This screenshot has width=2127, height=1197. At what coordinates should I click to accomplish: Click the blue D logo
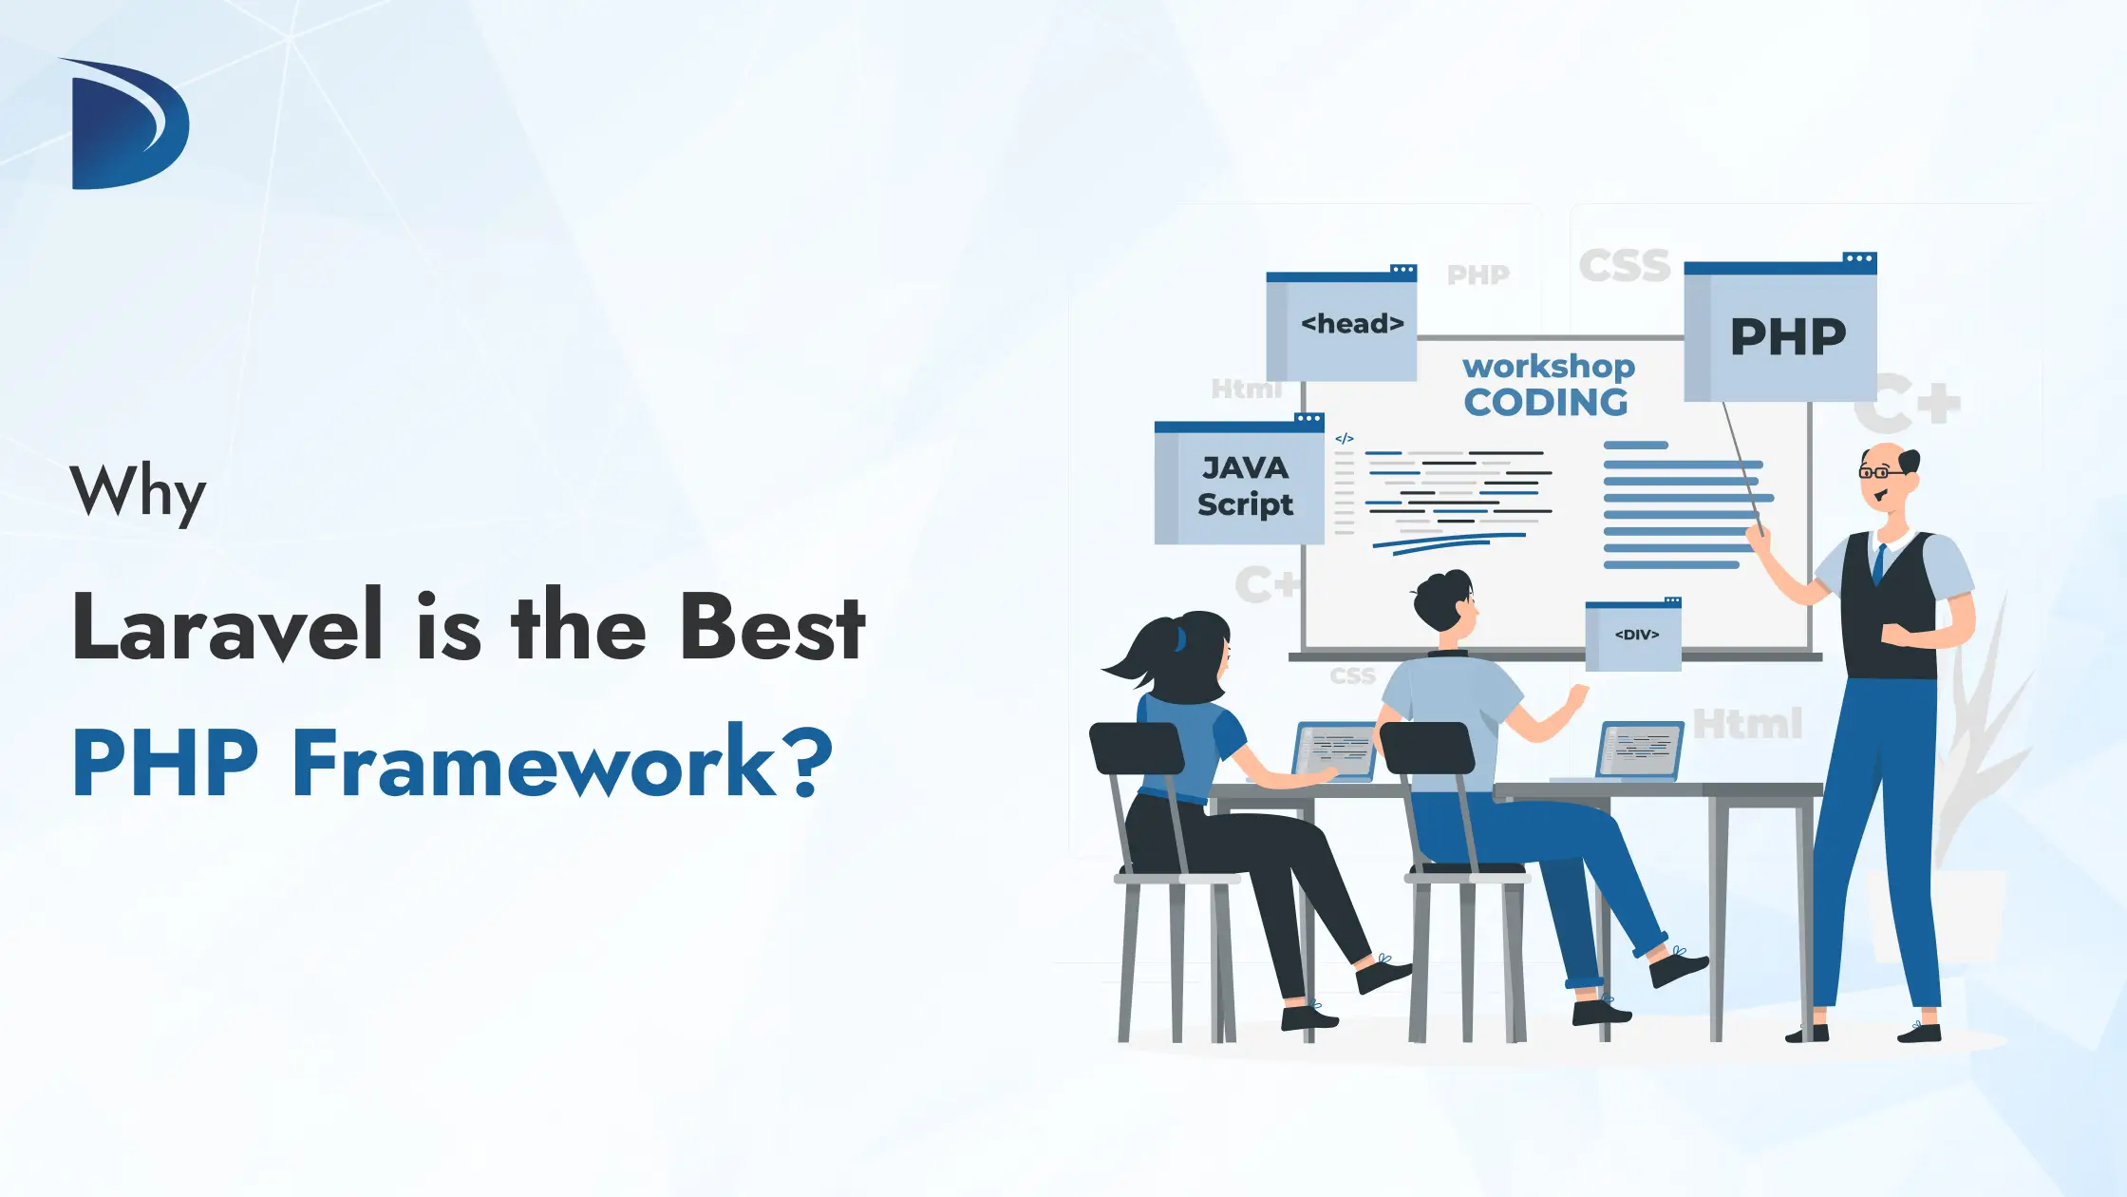[128, 125]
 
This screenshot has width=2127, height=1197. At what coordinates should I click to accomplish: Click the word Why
[138, 492]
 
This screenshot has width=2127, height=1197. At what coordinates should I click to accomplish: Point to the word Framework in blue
[535, 763]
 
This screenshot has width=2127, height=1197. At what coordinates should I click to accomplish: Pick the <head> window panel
[1342, 325]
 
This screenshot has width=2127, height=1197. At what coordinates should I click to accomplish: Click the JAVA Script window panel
[1239, 485]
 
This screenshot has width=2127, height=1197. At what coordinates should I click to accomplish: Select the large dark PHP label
[1787, 337]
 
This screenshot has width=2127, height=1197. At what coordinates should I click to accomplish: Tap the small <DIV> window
[1634, 635]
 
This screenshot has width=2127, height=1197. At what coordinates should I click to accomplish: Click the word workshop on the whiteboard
[1549, 366]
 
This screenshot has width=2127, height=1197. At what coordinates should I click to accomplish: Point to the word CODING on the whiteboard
[1546, 403]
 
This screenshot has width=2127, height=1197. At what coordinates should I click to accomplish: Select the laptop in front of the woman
[1333, 751]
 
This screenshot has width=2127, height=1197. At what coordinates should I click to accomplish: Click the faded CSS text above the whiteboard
[1625, 266]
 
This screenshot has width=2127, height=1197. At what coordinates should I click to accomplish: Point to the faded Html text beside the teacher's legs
[1748, 724]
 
